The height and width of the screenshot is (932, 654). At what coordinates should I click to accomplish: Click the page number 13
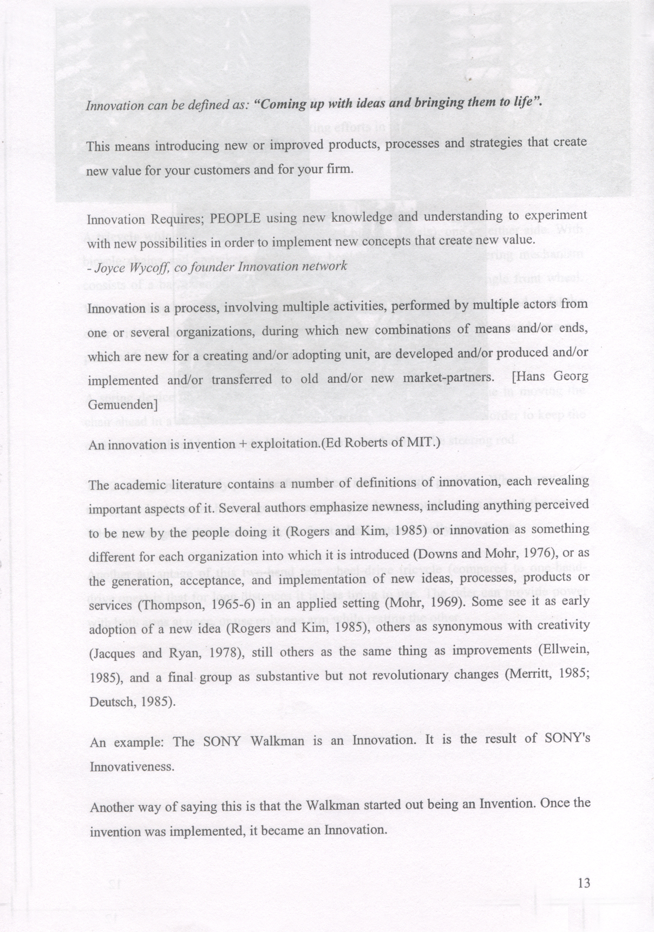click(x=584, y=883)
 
